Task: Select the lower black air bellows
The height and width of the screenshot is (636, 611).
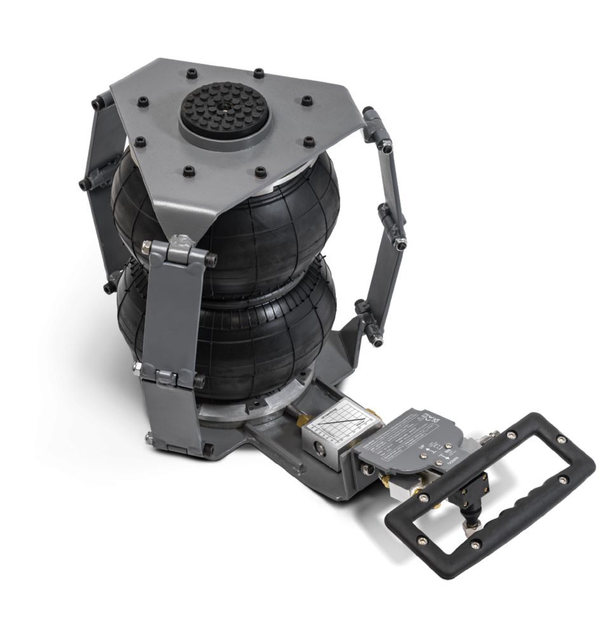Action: tap(267, 331)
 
